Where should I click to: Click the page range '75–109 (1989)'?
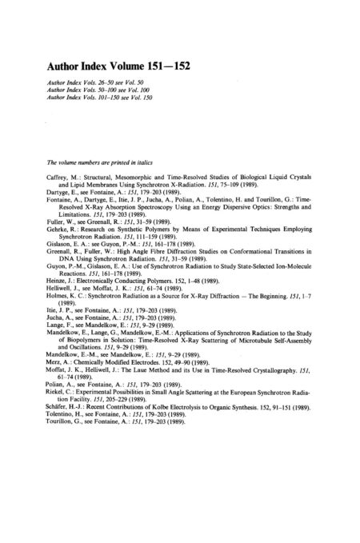(x=245, y=192)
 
